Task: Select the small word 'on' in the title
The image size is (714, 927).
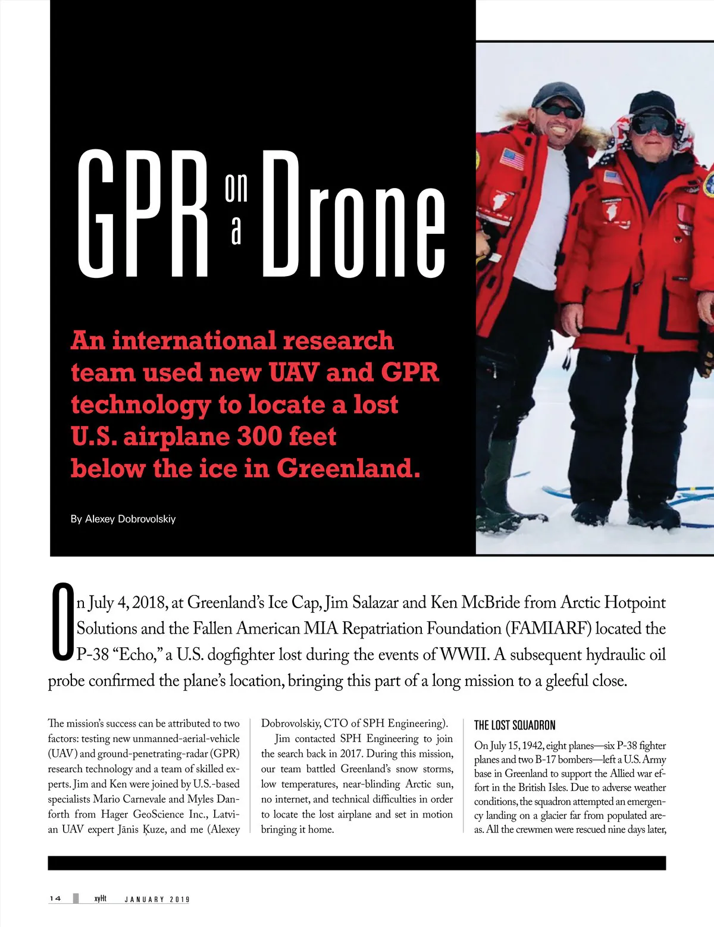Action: point(236,188)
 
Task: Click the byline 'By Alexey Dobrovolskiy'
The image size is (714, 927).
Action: point(123,519)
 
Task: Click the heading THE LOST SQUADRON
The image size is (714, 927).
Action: point(515,725)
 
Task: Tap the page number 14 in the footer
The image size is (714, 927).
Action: point(55,898)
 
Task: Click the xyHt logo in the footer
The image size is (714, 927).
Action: point(100,898)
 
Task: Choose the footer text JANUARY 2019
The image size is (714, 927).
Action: point(157,899)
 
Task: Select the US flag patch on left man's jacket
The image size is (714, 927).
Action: point(512,158)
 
